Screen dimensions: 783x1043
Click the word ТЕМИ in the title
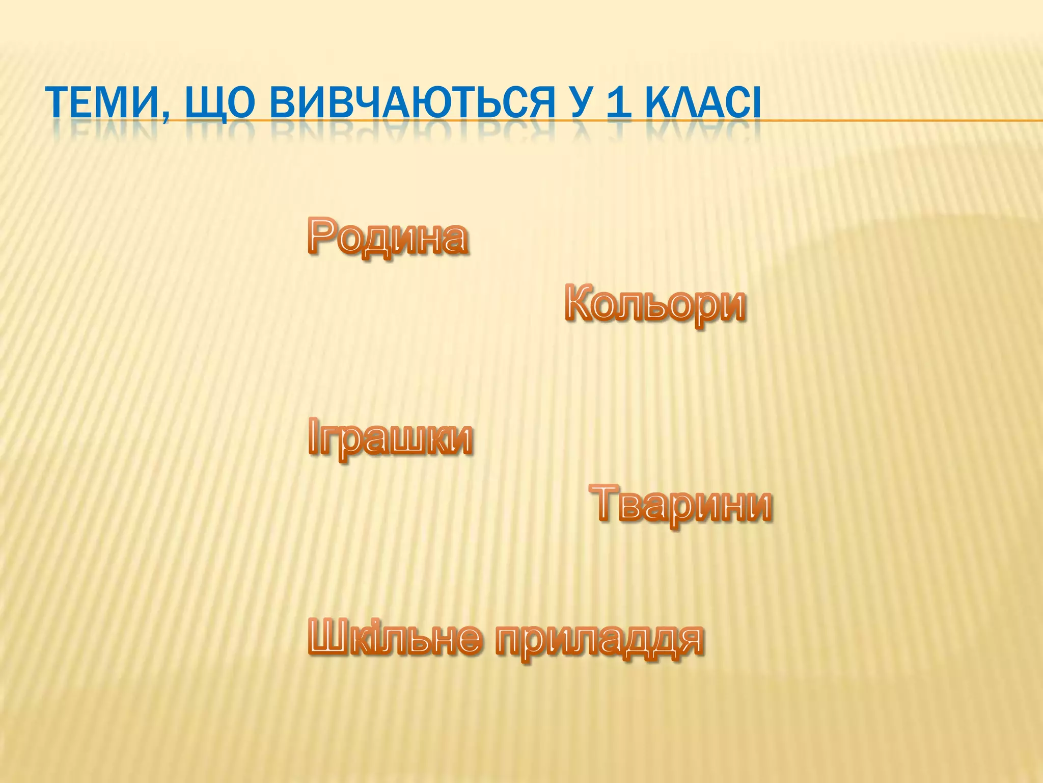(104, 104)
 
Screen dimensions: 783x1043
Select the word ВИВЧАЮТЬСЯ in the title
(412, 104)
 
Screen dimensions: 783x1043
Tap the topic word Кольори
(655, 304)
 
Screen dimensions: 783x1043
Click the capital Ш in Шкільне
(329, 637)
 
